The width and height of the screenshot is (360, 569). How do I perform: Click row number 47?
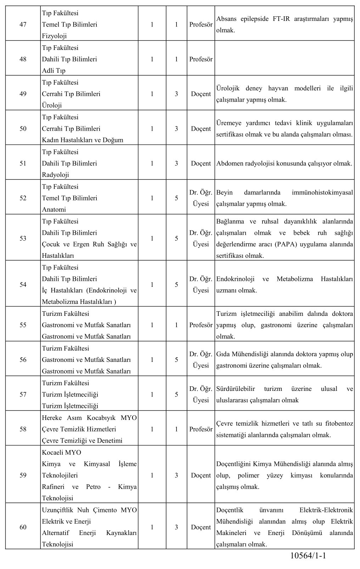pyautogui.click(x=23, y=24)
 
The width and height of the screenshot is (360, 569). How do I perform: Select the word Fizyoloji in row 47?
pyautogui.click(x=54, y=36)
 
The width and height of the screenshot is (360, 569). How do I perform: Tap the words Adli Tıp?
pyautogui.click(x=54, y=70)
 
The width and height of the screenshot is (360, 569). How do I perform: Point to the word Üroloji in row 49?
pyautogui.click(x=52, y=105)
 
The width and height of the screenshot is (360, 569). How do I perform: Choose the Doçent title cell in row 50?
pyautogui.click(x=201, y=129)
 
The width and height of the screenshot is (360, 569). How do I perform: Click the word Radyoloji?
pyautogui.click(x=55, y=175)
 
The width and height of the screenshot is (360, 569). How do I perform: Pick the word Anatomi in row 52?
pyautogui.click(x=54, y=209)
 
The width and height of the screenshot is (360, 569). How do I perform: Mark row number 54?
pyautogui.click(x=23, y=285)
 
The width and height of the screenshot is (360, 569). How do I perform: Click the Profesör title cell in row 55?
pyautogui.click(x=201, y=325)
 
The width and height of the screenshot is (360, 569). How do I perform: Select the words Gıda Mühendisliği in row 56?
pyautogui.click(x=241, y=354)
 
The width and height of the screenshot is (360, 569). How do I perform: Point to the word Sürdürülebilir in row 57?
pyautogui.click(x=236, y=389)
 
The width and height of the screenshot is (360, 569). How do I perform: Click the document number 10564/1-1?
pyautogui.click(x=307, y=556)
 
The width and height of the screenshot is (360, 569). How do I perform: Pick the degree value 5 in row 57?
pyautogui.click(x=176, y=394)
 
